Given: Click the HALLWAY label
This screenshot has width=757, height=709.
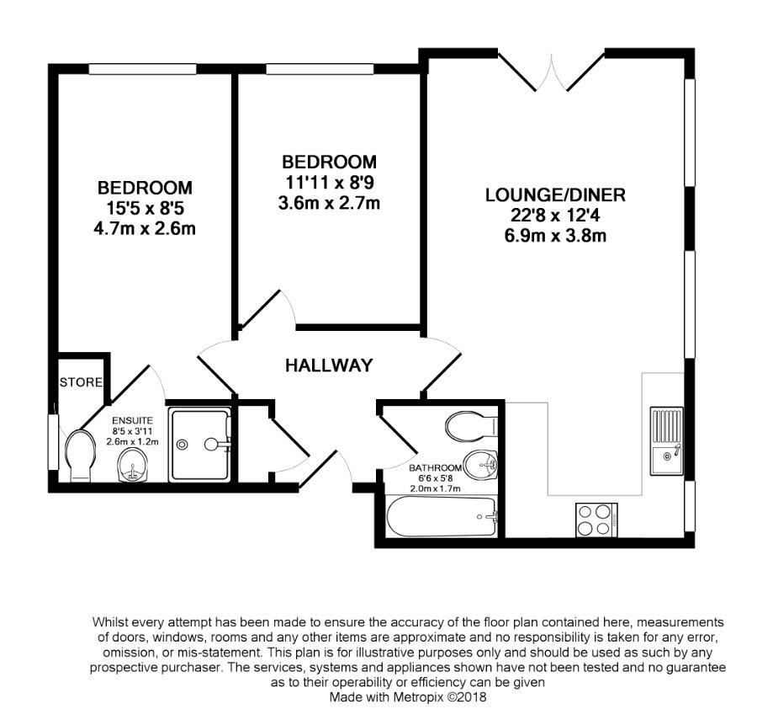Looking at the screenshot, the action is (x=329, y=365).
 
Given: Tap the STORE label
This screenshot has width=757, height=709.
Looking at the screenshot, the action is (x=81, y=382).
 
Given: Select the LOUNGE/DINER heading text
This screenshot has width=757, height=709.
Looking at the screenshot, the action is (x=555, y=195).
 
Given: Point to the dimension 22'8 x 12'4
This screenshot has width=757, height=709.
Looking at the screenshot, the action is (x=555, y=216).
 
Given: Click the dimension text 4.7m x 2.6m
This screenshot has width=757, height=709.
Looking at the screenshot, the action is (x=145, y=228).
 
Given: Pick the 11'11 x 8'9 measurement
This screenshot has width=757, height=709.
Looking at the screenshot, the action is (x=329, y=183).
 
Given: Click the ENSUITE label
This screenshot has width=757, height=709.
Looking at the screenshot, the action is (x=132, y=420).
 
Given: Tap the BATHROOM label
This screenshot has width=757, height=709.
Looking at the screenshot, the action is (x=435, y=468).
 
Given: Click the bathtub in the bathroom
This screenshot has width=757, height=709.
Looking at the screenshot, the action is (x=442, y=517).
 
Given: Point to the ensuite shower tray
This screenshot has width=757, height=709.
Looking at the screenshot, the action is (x=199, y=445).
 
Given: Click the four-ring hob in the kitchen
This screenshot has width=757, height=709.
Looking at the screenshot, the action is (x=596, y=520).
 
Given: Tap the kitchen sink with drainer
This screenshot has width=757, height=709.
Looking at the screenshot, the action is (x=666, y=440).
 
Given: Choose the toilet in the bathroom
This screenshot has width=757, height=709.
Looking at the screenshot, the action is (x=472, y=426).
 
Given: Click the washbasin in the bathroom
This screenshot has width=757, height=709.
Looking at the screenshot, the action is (x=479, y=465).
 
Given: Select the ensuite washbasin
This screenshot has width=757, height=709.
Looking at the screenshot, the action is (x=132, y=465).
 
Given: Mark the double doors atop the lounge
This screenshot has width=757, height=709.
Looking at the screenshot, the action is (x=551, y=72).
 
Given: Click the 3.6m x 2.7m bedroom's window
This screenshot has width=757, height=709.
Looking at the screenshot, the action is (x=320, y=69).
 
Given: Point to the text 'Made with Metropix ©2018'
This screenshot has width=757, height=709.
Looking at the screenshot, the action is (x=408, y=697).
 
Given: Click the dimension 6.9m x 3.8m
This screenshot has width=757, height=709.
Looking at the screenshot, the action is (x=555, y=236).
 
